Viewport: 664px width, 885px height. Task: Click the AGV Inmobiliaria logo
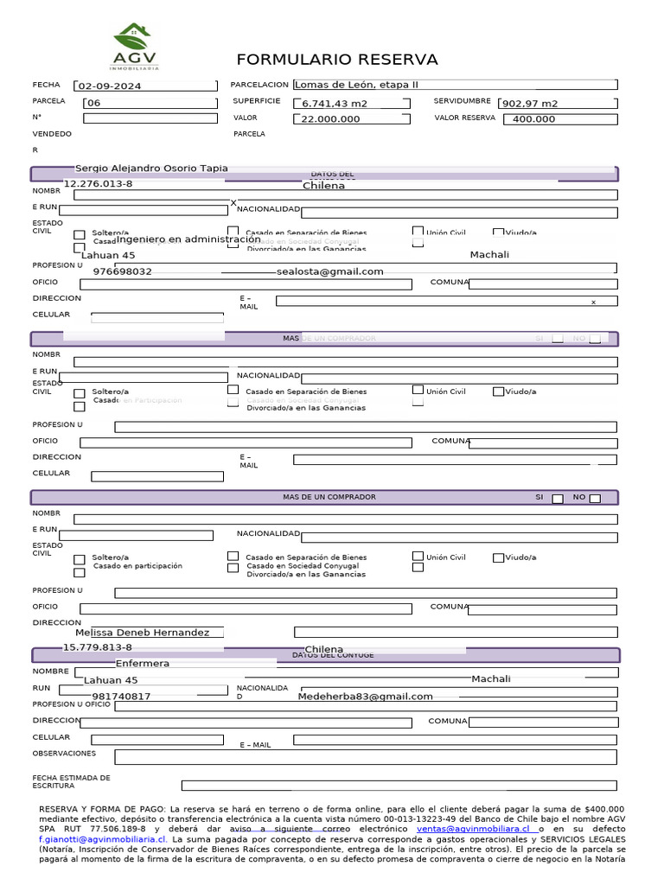[x=134, y=47]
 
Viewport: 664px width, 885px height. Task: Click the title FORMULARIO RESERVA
[x=337, y=60]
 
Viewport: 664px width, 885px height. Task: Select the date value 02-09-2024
[x=110, y=86]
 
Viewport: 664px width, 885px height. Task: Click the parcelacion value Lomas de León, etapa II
[x=356, y=85]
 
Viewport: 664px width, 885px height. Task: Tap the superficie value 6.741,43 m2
[x=335, y=104]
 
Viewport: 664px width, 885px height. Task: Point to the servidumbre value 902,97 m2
[x=530, y=104]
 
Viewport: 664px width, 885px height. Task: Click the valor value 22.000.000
[x=330, y=119]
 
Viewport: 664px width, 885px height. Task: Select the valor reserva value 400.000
[x=533, y=119]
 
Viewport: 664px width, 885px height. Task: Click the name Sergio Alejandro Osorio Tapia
[x=151, y=169]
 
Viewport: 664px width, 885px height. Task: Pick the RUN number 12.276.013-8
[x=99, y=184]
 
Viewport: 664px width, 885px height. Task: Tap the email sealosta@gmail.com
[x=330, y=271]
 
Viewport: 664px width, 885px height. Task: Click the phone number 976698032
[x=122, y=271]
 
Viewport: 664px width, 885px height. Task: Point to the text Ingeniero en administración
[x=188, y=239]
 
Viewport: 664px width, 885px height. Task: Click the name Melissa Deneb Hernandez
[x=142, y=633]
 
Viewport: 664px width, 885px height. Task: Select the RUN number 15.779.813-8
[x=98, y=647]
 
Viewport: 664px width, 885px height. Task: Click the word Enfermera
[x=143, y=664]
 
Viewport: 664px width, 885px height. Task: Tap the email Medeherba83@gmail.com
[x=366, y=697]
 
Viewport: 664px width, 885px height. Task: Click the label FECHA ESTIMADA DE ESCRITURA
[x=72, y=782]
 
